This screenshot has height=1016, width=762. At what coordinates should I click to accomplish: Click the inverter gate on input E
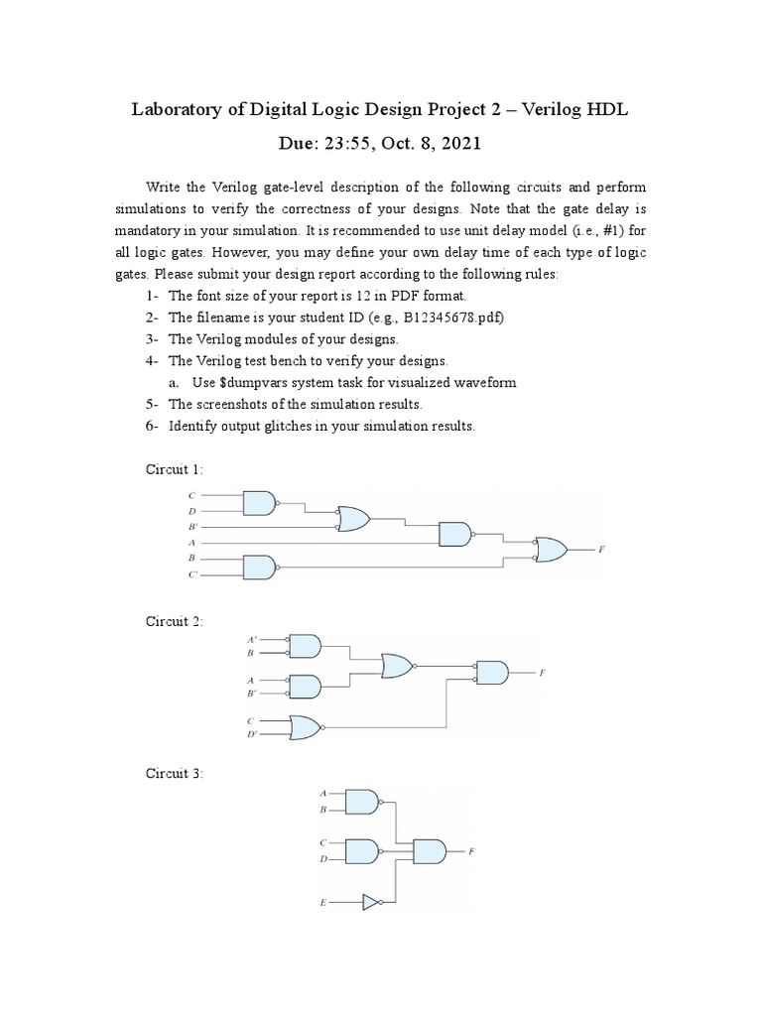(x=371, y=903)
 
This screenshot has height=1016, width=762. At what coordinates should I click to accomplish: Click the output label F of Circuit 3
(x=471, y=851)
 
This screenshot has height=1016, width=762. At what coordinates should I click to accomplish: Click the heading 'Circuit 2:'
(x=175, y=621)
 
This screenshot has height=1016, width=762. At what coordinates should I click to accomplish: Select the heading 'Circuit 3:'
(x=175, y=773)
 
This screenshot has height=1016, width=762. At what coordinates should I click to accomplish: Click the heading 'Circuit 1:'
(x=175, y=468)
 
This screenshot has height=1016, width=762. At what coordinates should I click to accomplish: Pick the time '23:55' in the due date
(x=332, y=144)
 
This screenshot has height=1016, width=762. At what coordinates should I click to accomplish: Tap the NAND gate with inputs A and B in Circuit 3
(x=362, y=802)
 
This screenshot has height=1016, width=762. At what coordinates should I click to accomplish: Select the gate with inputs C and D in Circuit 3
(x=362, y=850)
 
